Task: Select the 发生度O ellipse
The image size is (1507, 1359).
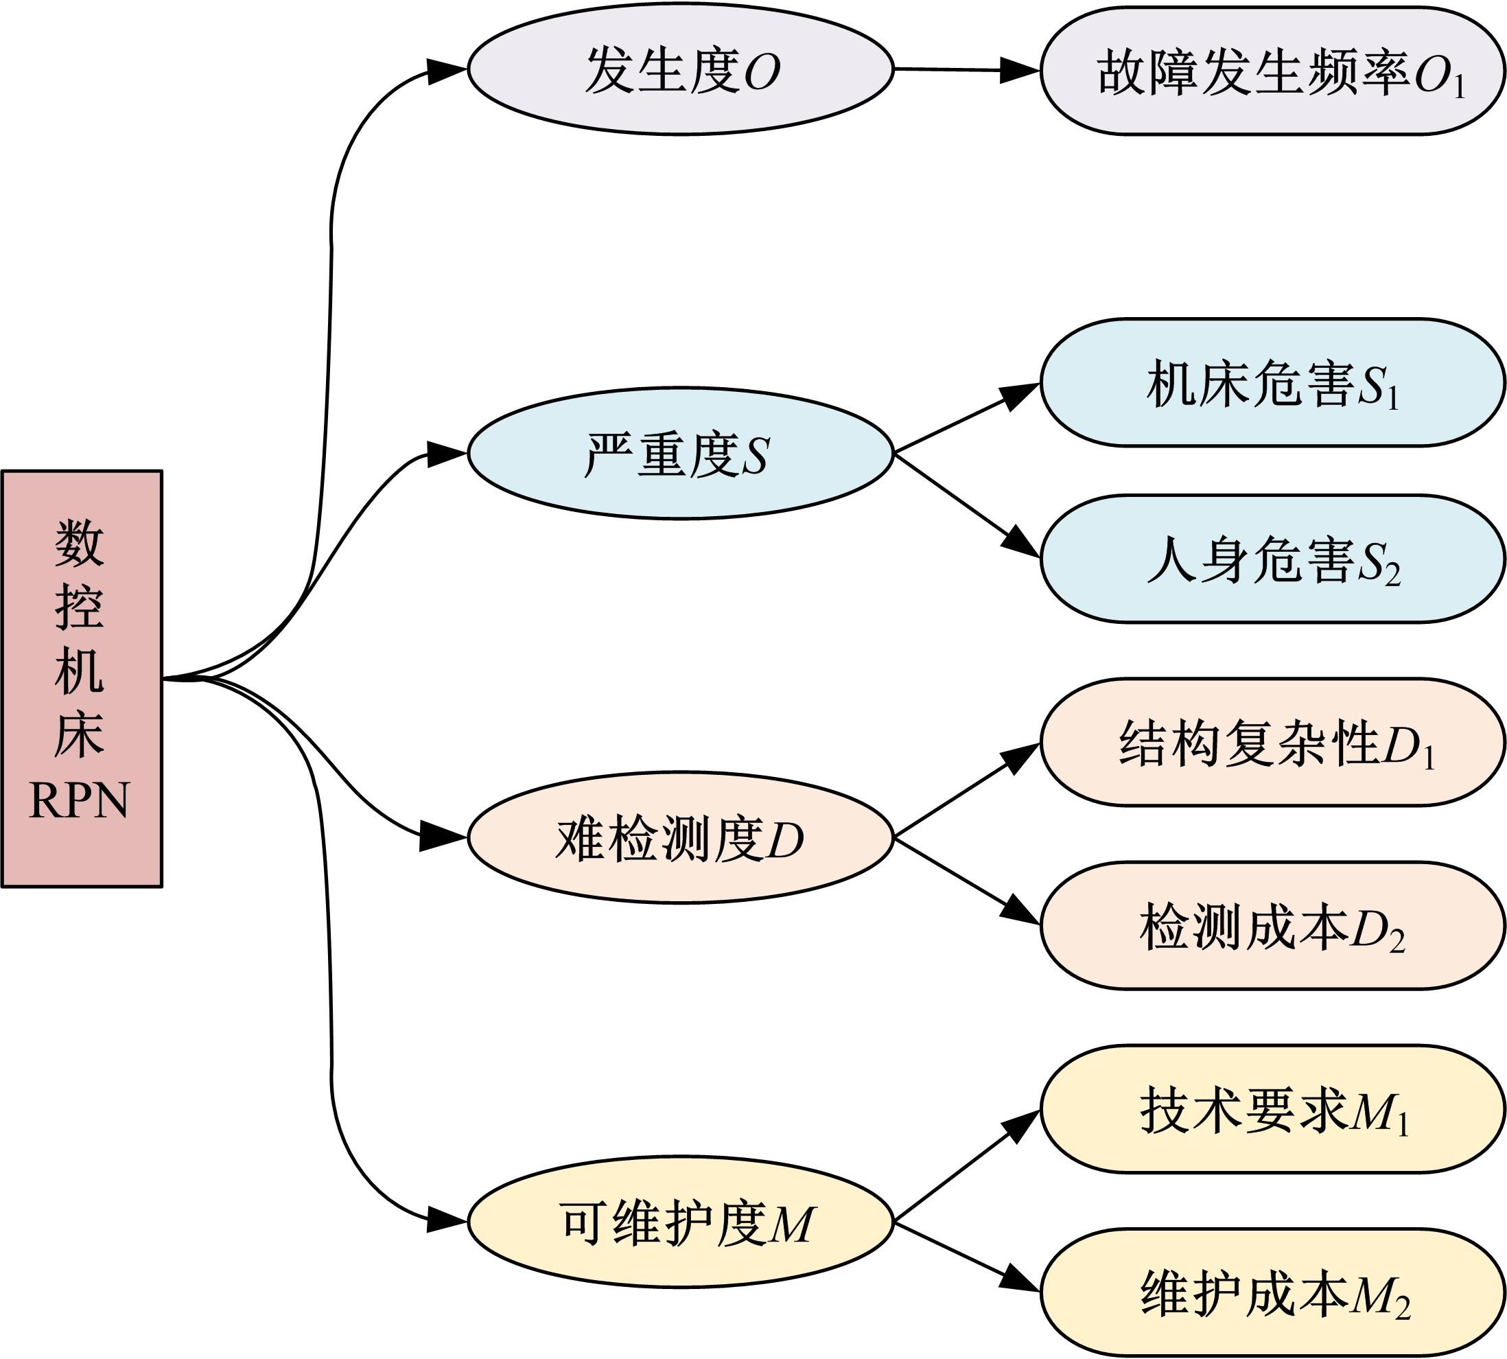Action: point(680,70)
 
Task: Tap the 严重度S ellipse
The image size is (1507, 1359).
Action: point(680,453)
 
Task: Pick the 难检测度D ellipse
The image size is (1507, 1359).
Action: point(680,838)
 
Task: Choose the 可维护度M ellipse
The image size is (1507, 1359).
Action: point(680,1222)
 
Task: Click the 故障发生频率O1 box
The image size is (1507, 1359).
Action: point(1272,71)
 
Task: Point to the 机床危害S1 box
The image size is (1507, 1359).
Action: point(1272,383)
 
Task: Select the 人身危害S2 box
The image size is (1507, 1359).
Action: point(1272,559)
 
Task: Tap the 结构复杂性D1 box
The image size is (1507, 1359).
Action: point(1272,742)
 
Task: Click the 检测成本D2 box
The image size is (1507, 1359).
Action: point(1272,926)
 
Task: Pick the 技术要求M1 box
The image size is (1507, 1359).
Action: point(1272,1109)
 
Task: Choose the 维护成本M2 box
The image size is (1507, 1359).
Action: point(1272,1292)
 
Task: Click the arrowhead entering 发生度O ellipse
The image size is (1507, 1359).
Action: point(448,70)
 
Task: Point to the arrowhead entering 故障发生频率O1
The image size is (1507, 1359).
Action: point(1020,71)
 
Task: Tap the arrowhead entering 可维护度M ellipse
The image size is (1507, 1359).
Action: point(448,1222)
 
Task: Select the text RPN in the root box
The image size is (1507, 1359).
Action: point(79,800)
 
